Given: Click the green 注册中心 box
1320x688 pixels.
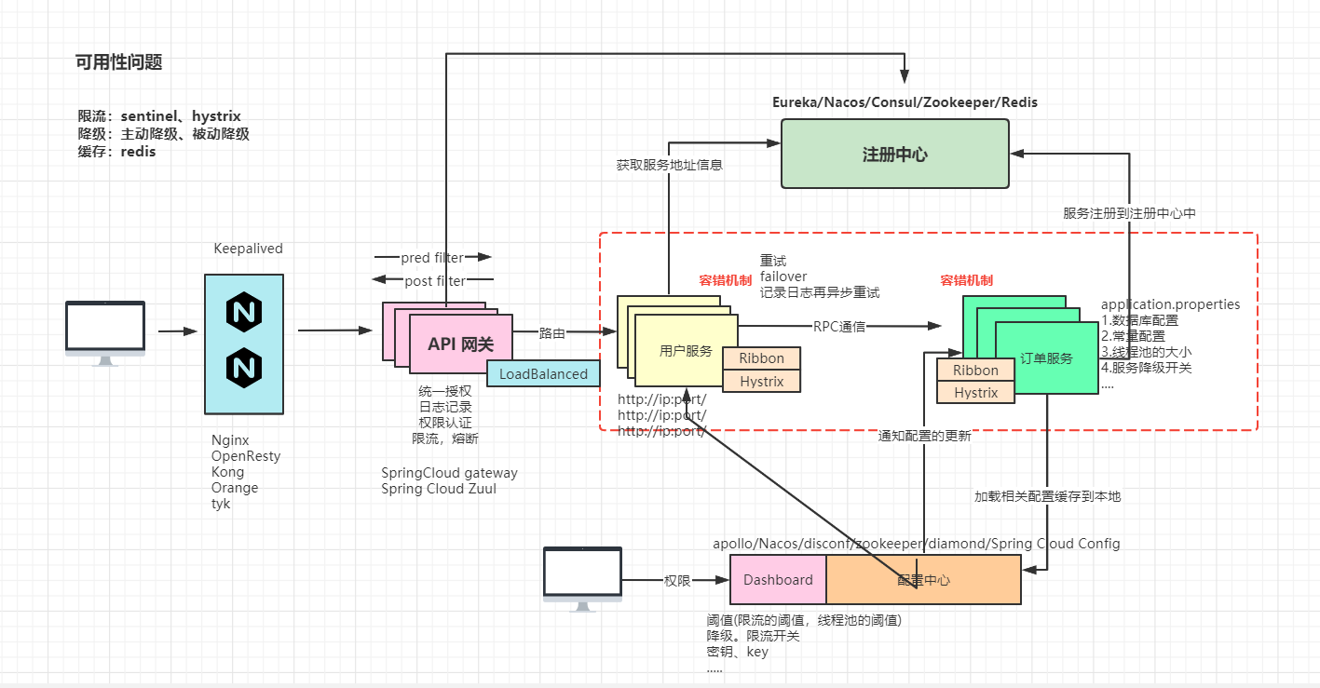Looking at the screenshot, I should pyautogui.click(x=894, y=155).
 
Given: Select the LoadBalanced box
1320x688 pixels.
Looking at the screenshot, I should pyautogui.click(x=543, y=373).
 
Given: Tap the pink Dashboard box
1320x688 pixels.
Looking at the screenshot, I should pyautogui.click(x=778, y=579).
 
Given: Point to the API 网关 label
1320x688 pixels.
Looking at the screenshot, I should pyautogui.click(x=456, y=344).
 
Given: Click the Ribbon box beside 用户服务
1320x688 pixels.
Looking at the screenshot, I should pyautogui.click(x=761, y=358).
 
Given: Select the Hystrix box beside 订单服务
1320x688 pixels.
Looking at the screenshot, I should pyautogui.click(x=975, y=393).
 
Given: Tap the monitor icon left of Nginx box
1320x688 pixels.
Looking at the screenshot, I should pyautogui.click(x=104, y=331).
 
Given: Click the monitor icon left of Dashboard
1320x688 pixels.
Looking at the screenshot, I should pyautogui.click(x=582, y=577).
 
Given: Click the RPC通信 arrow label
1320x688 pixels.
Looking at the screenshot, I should pyautogui.click(x=838, y=327).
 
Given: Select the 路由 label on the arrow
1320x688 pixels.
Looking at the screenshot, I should pyautogui.click(x=551, y=331).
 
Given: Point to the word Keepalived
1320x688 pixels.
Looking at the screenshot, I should pyautogui.click(x=248, y=249).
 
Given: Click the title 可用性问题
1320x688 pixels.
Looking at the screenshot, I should pyautogui.click(x=119, y=62).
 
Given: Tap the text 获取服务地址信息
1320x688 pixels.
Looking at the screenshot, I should pyautogui.click(x=669, y=165).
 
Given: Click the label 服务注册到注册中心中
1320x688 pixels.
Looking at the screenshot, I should pyautogui.click(x=1129, y=213).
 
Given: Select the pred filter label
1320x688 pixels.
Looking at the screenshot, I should pyautogui.click(x=431, y=258).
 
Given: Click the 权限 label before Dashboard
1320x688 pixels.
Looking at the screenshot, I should pyautogui.click(x=677, y=580).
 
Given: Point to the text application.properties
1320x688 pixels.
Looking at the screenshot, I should pyautogui.click(x=1170, y=304).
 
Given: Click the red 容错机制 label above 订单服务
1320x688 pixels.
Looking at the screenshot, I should pyautogui.click(x=966, y=280).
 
